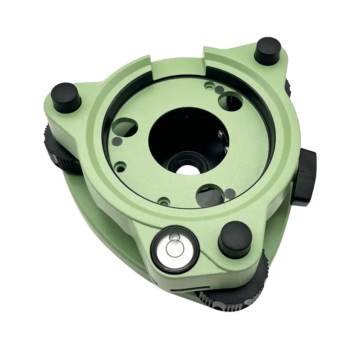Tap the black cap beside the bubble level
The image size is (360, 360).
[234, 237]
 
